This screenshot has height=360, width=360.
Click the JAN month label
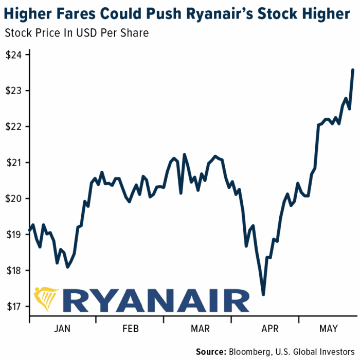pos(63,328)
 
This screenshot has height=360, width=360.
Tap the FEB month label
pos(131,328)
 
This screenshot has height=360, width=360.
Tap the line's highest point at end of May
pos(353,69)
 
